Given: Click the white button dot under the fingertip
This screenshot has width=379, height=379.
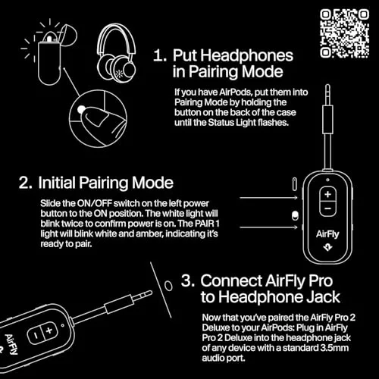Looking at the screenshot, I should pyautogui.click(x=81, y=111).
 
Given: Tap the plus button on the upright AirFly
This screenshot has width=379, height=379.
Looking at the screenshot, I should pyautogui.click(x=327, y=194).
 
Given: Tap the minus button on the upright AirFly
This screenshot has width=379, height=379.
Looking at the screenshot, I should pyautogui.click(x=327, y=210).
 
